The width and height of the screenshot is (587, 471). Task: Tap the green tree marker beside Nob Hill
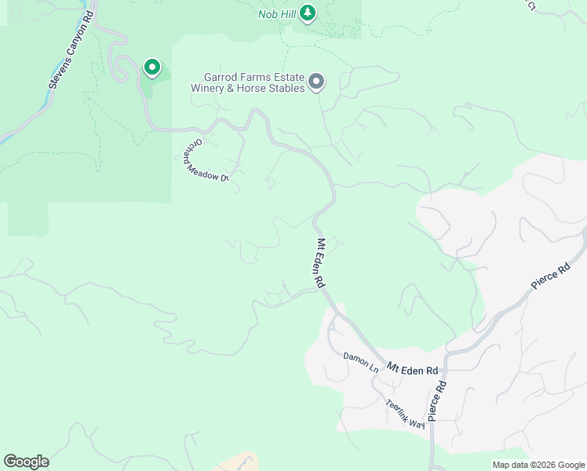coord(308,13)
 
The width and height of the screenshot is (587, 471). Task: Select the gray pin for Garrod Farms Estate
coord(316,82)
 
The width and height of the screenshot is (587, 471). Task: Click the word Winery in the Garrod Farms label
coord(210,88)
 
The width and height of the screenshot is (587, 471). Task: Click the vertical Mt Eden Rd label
coord(320,264)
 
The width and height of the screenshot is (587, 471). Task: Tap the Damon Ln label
coord(361,362)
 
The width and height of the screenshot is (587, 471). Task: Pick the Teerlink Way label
coord(405,414)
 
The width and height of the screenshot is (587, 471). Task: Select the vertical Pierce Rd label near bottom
coord(438,400)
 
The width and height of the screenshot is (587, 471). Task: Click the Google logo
coord(26,462)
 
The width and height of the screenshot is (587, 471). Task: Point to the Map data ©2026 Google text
coord(538,465)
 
